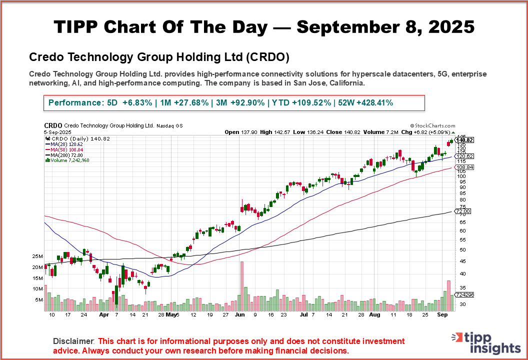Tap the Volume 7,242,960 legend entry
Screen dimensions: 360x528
point(67,160)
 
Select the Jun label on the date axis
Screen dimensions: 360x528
point(240,315)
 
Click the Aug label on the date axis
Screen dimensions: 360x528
point(374,315)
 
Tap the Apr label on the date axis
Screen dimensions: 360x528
point(103,315)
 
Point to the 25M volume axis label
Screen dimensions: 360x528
point(51,256)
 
